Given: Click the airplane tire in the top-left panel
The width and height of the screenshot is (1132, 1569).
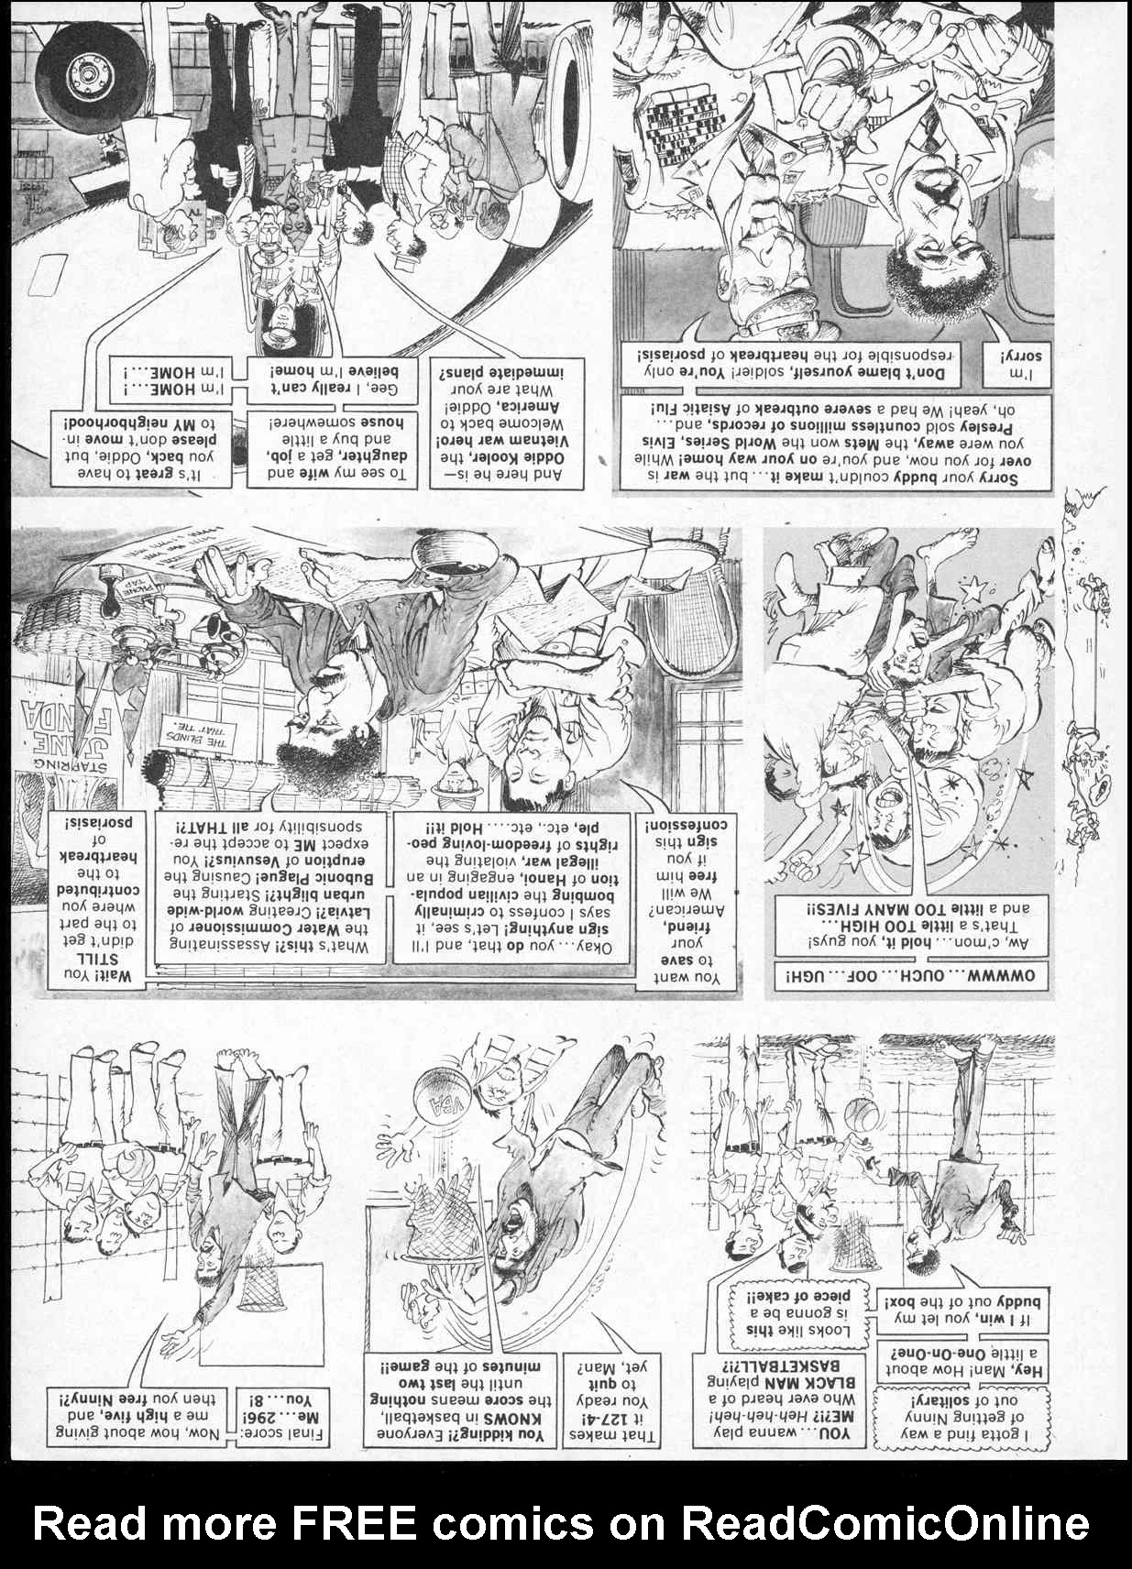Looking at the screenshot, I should point(87,73).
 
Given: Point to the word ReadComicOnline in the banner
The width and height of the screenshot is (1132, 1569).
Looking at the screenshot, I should point(885,1523).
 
